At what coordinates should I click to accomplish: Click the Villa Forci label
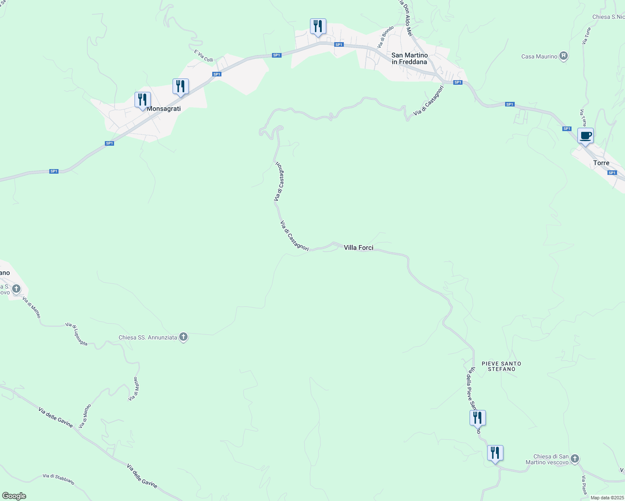358,248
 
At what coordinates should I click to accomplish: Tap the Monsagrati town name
164,109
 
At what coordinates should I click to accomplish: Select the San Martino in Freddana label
409,58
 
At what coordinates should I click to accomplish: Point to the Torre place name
601,163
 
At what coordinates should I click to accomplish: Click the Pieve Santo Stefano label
501,366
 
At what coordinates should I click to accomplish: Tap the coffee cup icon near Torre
585,136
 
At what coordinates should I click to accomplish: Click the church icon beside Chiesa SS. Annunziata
183,337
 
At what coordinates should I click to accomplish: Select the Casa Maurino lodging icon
564,56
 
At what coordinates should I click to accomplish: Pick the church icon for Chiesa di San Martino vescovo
575,459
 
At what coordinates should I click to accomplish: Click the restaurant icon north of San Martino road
318,26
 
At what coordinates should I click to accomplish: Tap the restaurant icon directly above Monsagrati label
142,100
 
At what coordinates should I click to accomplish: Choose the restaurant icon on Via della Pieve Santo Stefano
478,417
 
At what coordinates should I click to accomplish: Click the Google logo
14,496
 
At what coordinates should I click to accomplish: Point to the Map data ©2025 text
607,498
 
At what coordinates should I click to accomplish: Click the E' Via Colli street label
203,56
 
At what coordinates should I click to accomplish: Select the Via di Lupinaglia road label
76,334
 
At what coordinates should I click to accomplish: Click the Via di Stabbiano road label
58,479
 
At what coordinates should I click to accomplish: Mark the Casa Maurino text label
539,56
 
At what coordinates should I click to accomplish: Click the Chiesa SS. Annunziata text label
148,337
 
